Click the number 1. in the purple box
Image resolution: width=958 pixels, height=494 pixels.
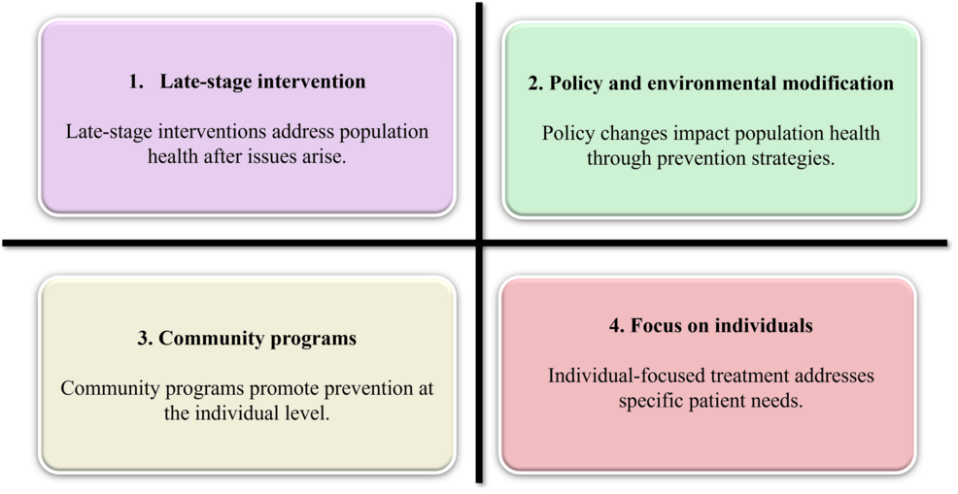[136, 82]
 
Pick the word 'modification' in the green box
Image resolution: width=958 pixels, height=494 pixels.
[835, 83]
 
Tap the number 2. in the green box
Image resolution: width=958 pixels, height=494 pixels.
[535, 83]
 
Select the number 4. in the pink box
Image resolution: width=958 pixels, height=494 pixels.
[615, 326]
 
